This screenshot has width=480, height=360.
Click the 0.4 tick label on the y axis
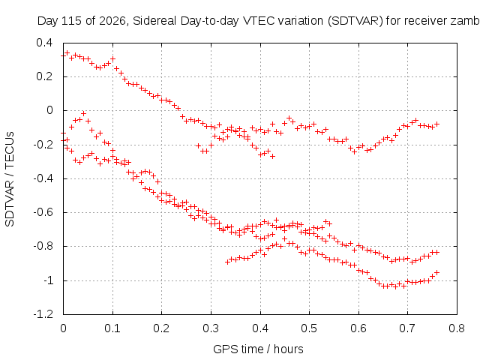[44, 43]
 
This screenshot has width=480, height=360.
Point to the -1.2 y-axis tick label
[43, 314]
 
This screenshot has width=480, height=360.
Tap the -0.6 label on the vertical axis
[43, 212]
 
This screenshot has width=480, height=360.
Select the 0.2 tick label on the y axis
[44, 76]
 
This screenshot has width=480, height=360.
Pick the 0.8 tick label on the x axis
[457, 328]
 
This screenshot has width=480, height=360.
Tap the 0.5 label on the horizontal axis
[309, 328]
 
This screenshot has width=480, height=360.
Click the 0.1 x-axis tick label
[112, 328]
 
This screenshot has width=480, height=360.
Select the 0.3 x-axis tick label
[211, 328]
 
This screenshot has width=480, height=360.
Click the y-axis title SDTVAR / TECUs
[10, 179]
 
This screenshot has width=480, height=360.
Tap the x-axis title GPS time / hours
[258, 349]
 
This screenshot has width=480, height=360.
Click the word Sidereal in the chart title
[154, 21]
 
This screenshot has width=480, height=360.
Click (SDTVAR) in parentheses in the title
[355, 21]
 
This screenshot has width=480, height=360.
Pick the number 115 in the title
[72, 21]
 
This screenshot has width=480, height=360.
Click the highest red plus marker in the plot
[67, 53]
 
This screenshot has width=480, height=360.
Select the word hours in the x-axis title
[288, 349]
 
